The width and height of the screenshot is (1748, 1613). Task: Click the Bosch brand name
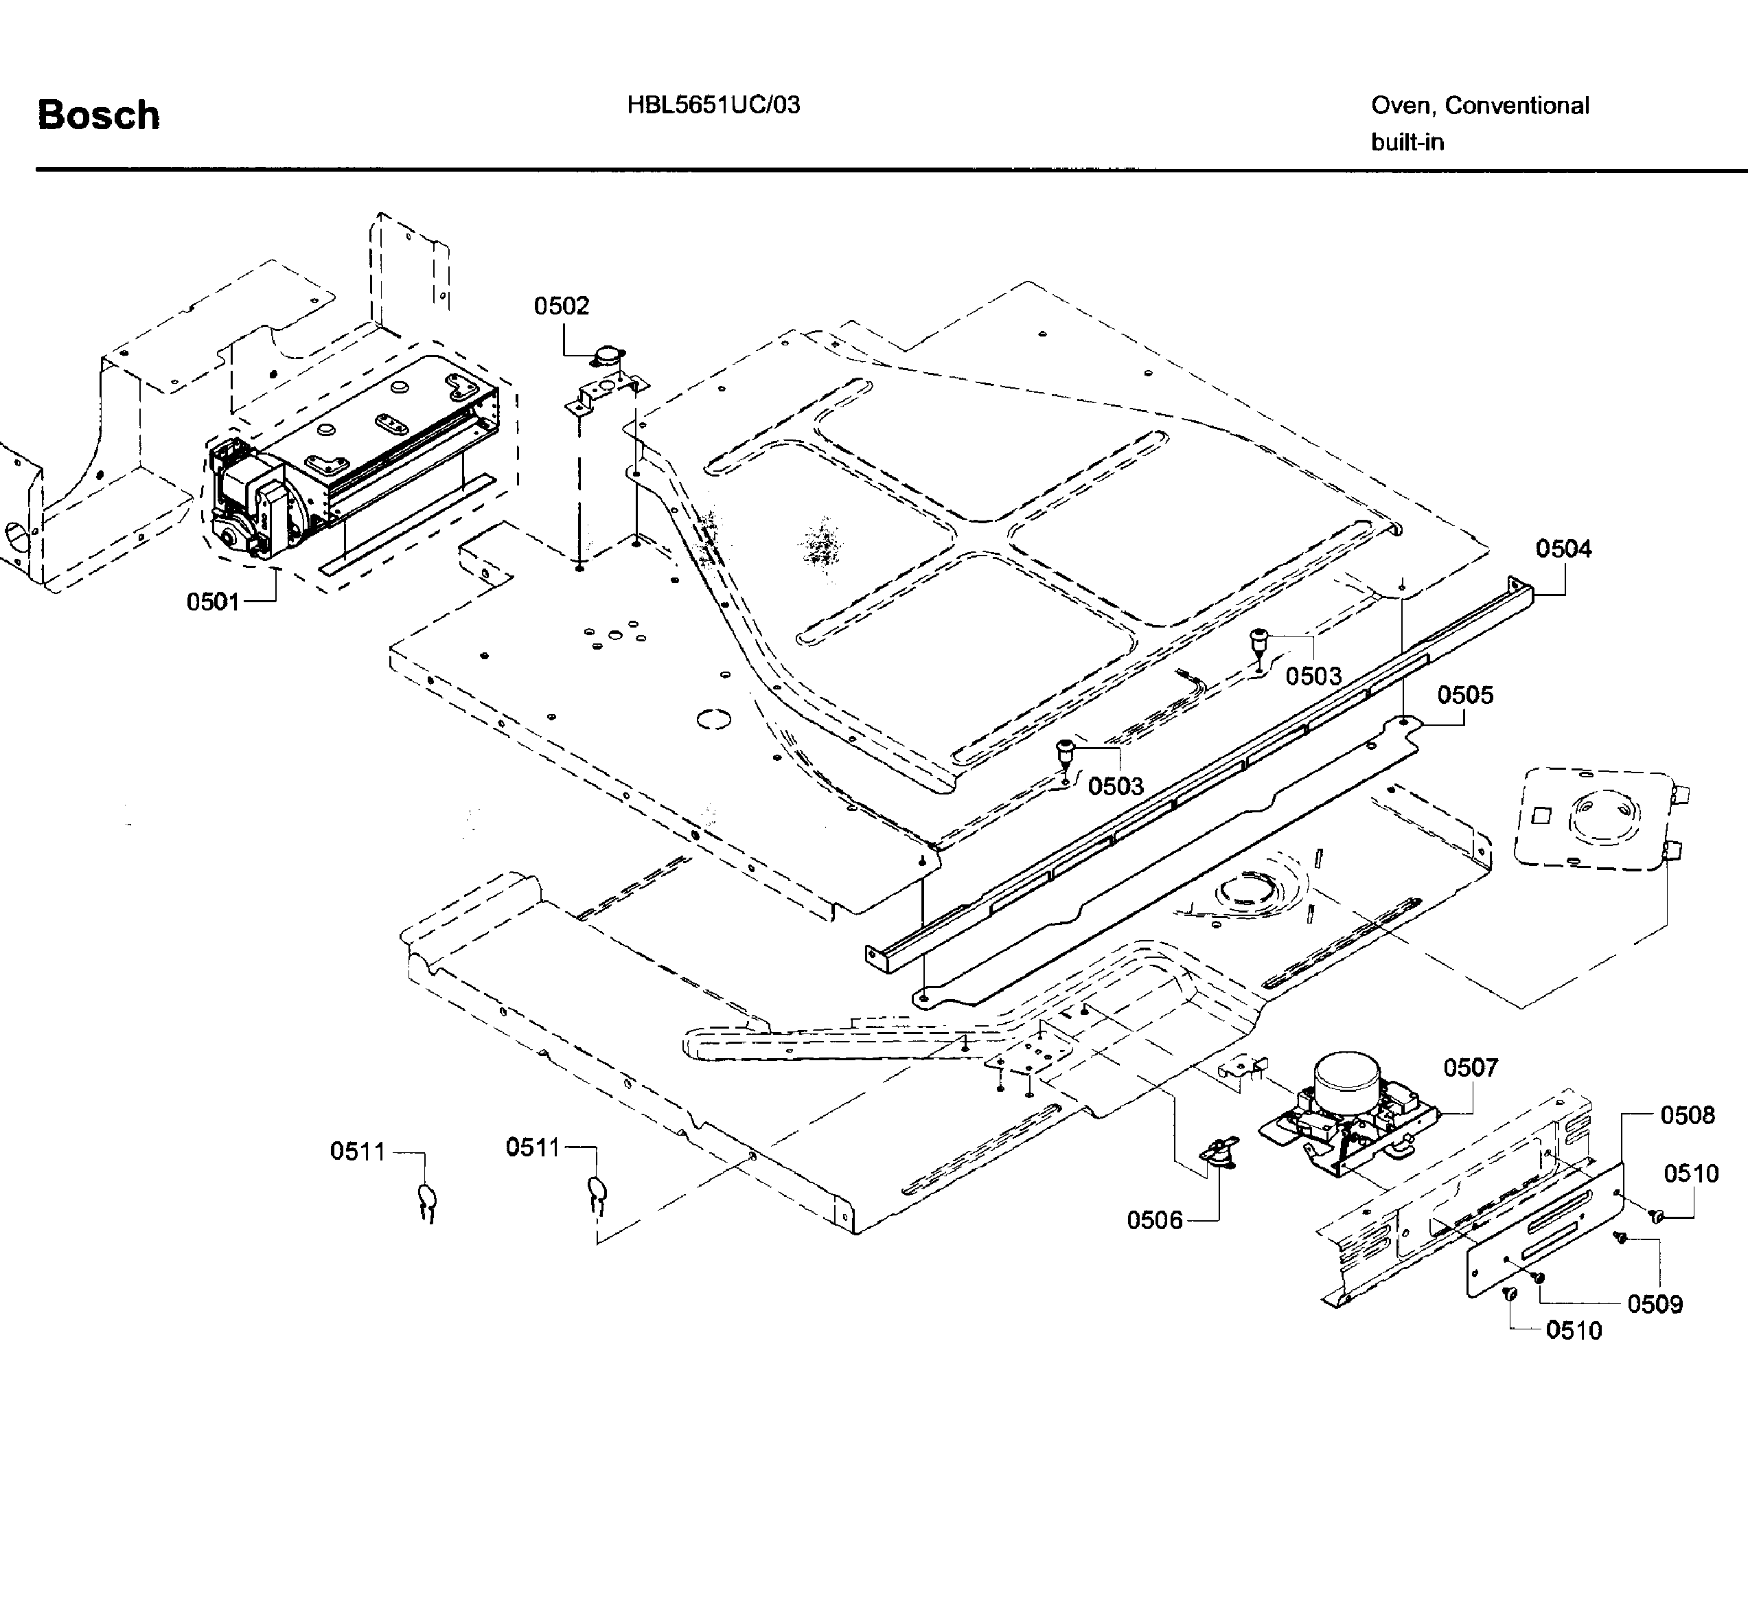tap(99, 116)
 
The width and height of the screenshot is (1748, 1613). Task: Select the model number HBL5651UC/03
tap(713, 106)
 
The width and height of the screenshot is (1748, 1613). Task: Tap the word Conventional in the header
tap(1517, 106)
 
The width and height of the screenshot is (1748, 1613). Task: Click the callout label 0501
tap(213, 602)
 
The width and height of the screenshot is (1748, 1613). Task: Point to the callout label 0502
tap(561, 306)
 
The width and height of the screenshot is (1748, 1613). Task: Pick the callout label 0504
tap(1563, 549)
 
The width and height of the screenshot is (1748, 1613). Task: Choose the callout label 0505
tap(1465, 696)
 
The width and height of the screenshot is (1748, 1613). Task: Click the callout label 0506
tap(1155, 1220)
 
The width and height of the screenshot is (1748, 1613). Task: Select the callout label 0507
tap(1471, 1068)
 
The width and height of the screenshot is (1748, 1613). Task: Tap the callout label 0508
tap(1687, 1115)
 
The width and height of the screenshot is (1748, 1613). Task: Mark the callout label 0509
tap(1655, 1304)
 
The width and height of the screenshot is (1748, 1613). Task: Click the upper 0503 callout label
tap(1313, 676)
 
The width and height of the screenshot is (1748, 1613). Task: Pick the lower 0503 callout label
tap(1115, 786)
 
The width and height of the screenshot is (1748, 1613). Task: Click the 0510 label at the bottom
tap(1574, 1330)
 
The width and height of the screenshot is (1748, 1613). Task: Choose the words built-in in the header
tap(1407, 142)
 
